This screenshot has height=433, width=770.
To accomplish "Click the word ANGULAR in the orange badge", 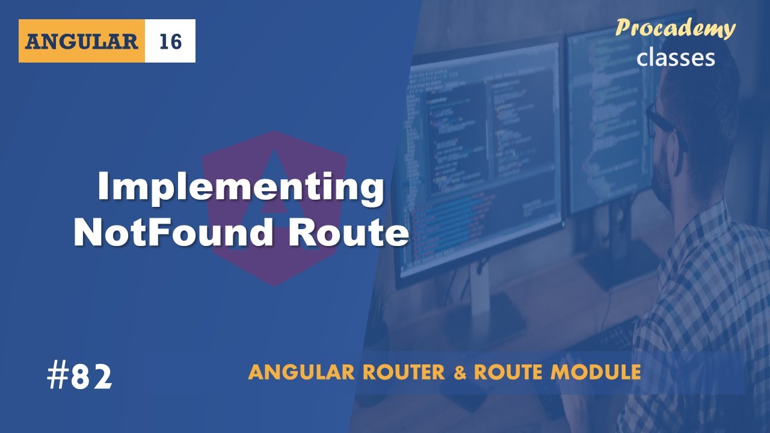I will (82, 41).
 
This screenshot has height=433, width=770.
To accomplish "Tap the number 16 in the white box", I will (170, 41).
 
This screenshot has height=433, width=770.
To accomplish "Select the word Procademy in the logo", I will (676, 29).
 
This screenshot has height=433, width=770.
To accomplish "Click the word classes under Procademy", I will (676, 57).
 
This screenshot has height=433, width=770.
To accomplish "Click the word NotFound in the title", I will (174, 233).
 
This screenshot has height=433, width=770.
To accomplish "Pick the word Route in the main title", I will (348, 233).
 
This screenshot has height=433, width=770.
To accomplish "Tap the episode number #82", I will (79, 378).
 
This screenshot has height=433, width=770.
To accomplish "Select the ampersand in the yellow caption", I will (460, 373).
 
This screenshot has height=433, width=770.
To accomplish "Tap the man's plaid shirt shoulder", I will (722, 241).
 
